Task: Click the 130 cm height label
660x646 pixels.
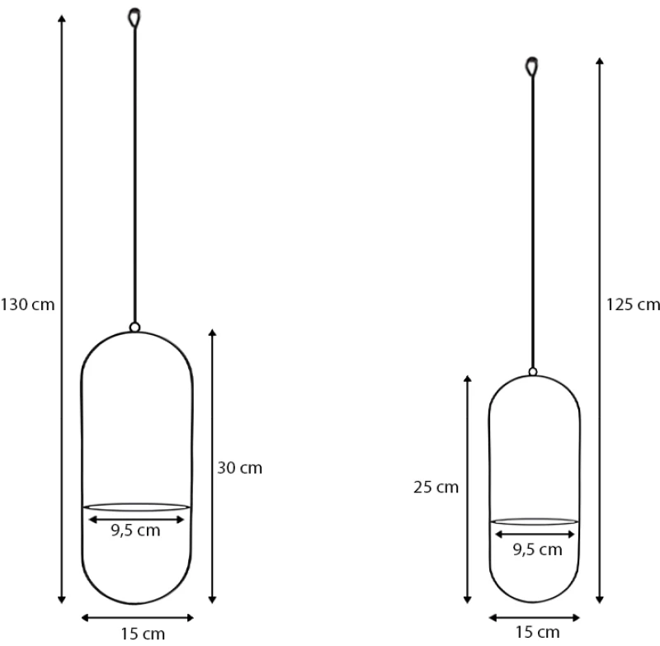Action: (27, 304)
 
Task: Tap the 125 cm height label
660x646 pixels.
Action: (633, 304)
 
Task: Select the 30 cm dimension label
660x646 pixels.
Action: (239, 468)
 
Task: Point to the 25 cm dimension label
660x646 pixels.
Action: (436, 488)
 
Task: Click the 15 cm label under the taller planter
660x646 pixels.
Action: (143, 634)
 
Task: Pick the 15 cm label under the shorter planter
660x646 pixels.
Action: (538, 632)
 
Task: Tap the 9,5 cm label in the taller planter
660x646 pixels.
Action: (135, 530)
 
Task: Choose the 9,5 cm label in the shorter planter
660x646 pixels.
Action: (538, 550)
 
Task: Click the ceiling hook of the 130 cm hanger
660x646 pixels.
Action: (134, 17)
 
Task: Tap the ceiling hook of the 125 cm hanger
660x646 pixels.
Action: (532, 67)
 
